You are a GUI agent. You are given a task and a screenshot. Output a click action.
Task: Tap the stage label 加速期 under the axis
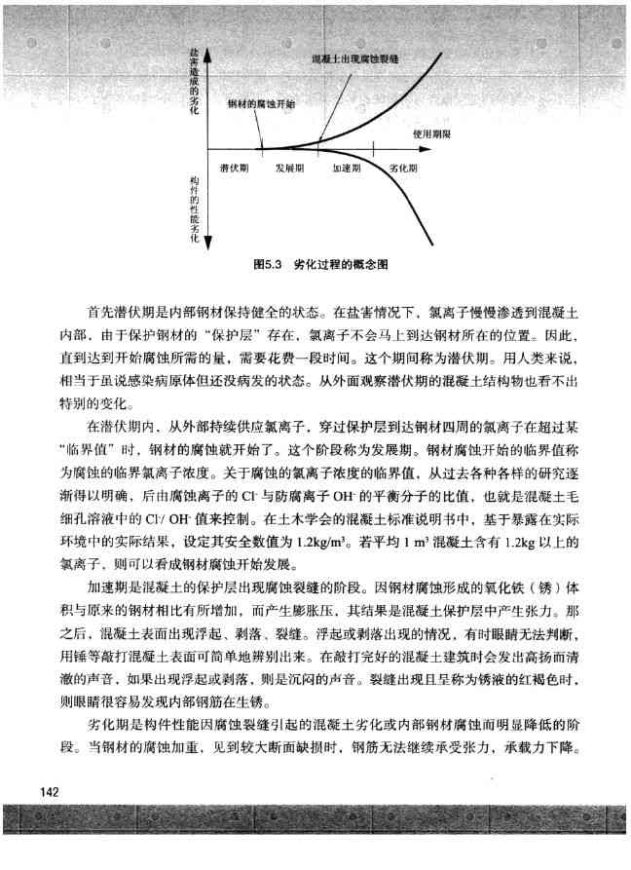(x=348, y=169)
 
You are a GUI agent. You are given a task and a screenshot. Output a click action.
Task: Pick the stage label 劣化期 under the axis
(x=402, y=169)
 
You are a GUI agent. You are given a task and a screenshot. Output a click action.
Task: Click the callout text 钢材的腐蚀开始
(x=262, y=102)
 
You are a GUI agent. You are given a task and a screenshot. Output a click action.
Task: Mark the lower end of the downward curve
(x=434, y=244)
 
